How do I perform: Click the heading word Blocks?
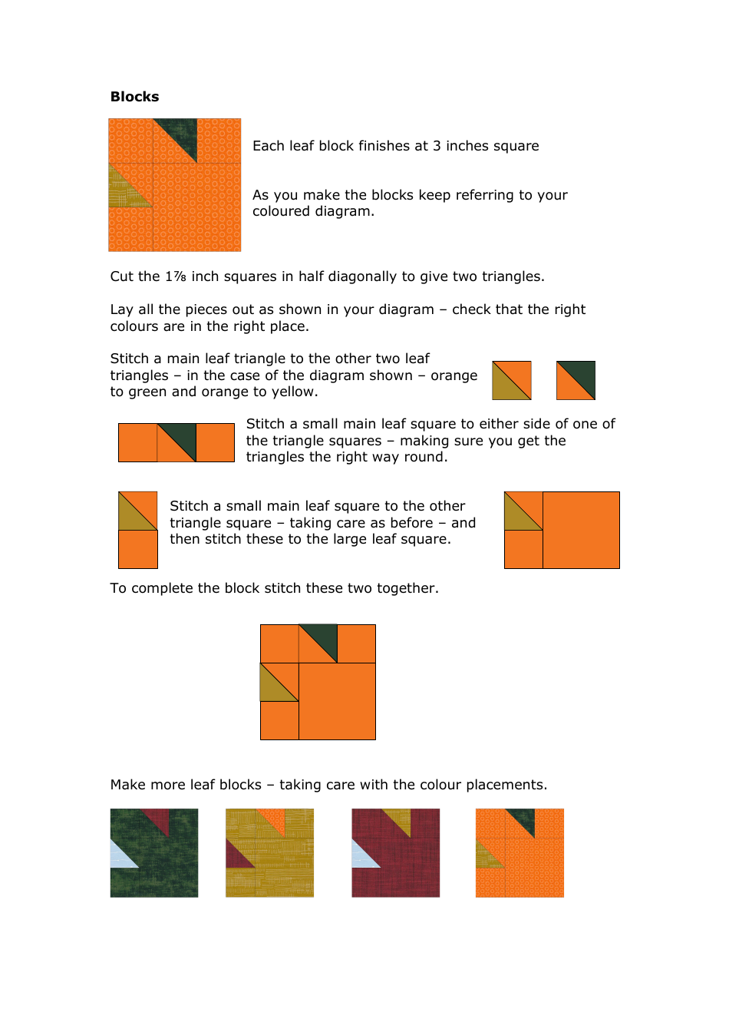pos(134,97)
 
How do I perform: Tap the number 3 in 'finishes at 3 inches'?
pos(437,146)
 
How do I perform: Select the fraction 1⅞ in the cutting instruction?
pos(175,276)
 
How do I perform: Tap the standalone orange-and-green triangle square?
pos(576,381)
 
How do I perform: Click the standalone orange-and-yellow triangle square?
pos(511,381)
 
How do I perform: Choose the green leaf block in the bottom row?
pos(154,853)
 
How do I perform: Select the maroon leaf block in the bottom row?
pos(396,853)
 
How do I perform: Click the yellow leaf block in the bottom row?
pos(269,853)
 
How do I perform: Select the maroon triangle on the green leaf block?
pos(159,819)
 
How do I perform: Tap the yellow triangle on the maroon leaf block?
pos(401,819)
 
